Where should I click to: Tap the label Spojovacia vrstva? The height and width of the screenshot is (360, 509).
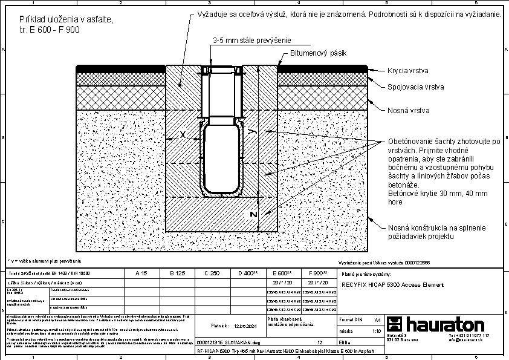coord(416,87)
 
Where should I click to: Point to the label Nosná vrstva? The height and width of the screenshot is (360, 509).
coord(409,111)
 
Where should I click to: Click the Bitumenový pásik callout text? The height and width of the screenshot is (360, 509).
coord(318,54)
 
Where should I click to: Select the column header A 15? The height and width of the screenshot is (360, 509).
coord(142,273)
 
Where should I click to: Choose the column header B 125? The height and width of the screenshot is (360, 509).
coord(177,273)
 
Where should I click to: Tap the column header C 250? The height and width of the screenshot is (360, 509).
coord(213,273)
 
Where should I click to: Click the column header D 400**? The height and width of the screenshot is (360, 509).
coord(248,273)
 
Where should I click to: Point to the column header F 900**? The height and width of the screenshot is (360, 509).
coord(319,273)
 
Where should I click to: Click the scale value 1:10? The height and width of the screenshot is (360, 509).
coord(377,331)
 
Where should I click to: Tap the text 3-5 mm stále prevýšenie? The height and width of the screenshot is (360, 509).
coord(251,40)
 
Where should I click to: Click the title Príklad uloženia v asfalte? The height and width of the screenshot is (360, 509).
coord(66,20)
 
